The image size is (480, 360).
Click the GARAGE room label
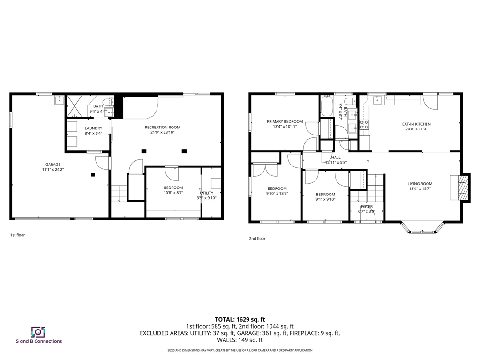point(53,165)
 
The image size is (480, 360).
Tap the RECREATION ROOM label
point(162,127)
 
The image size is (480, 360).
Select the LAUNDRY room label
point(93,128)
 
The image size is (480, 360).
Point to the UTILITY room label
point(207,193)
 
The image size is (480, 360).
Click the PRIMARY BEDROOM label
point(285,121)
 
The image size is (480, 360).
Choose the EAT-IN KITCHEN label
point(416,124)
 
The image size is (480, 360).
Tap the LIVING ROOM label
point(420,184)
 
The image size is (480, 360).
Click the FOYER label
point(367,206)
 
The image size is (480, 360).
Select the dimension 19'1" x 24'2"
point(53,169)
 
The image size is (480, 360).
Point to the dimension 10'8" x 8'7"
point(173,192)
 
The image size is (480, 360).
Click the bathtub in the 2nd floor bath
point(326,106)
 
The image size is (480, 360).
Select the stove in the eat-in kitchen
point(364,124)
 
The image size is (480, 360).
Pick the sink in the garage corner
point(59,100)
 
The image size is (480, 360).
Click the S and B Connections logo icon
point(37,332)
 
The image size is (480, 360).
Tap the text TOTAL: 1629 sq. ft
point(240,319)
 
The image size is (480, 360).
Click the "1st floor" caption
point(17,235)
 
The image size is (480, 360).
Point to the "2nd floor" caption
point(257,238)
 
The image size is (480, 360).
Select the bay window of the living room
point(422,229)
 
